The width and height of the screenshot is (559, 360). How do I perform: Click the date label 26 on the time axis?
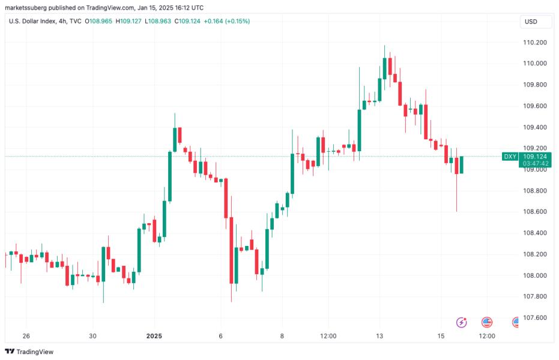coord(26,336)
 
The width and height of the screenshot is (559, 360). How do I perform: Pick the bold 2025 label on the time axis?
coord(155,336)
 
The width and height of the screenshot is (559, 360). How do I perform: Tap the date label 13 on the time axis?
coord(379,336)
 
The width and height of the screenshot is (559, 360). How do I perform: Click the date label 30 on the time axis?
coord(92,336)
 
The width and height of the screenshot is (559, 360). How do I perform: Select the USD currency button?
coord(531,22)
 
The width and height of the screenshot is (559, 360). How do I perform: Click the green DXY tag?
coord(510,157)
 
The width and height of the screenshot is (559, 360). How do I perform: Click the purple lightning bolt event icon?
coord(462,323)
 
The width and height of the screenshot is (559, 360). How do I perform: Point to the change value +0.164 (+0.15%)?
coord(227,22)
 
